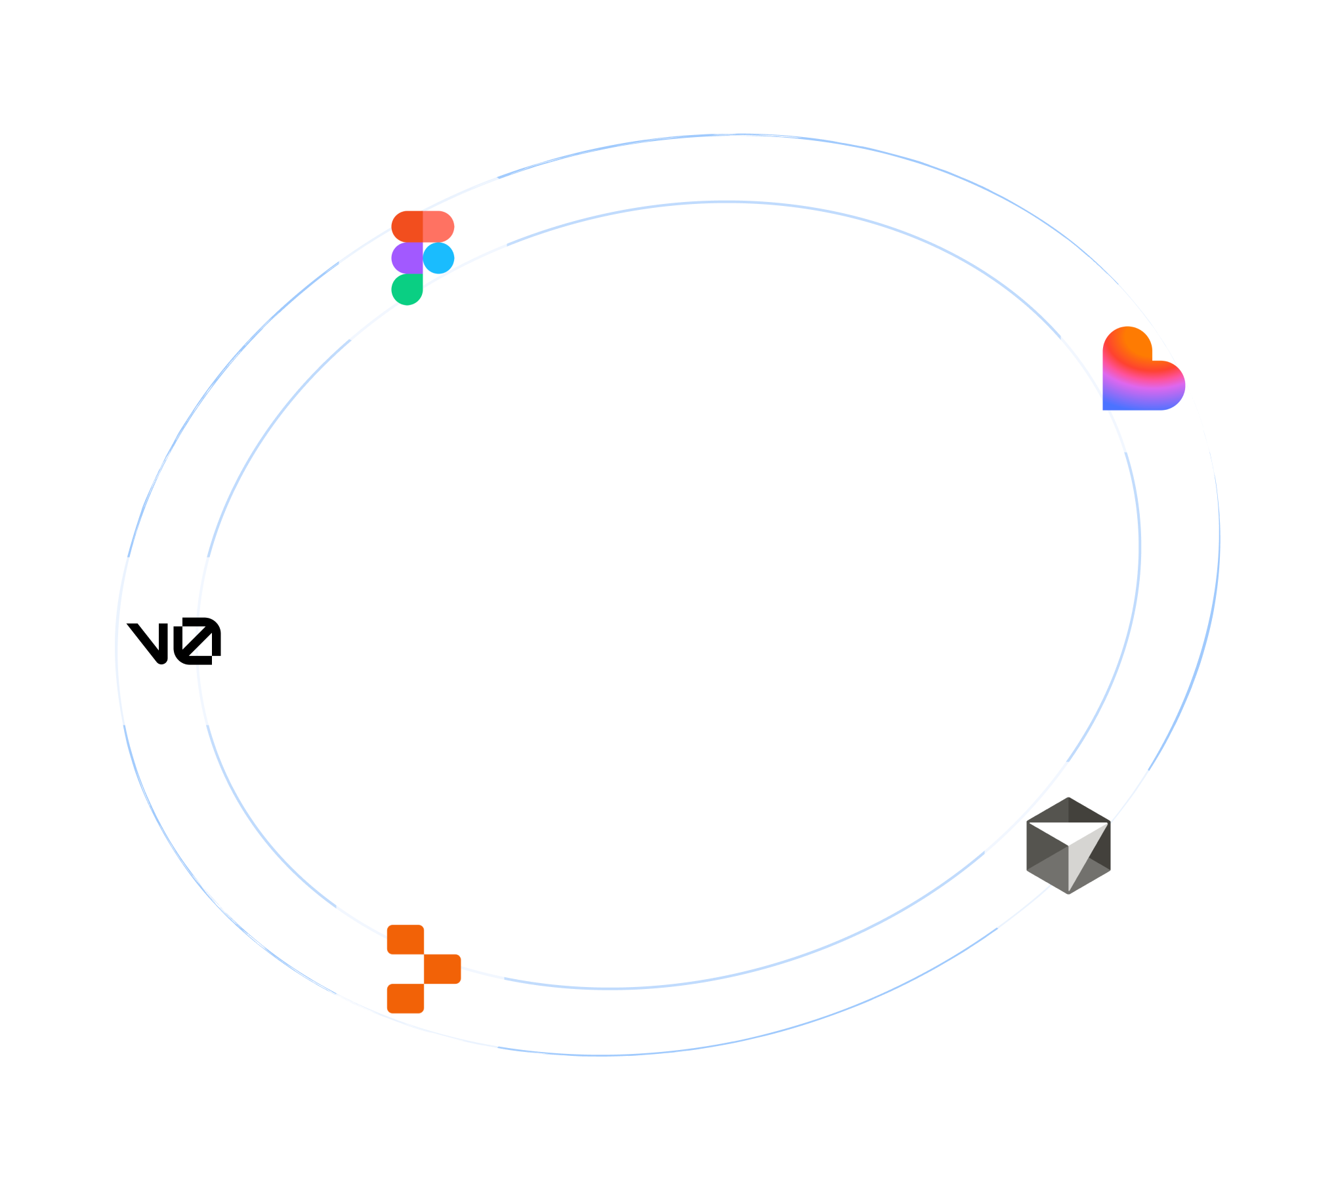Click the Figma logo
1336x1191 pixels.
(x=423, y=258)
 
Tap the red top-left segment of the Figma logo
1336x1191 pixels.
(x=407, y=226)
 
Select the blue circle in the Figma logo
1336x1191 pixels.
(x=438, y=258)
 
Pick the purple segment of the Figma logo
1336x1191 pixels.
(x=407, y=258)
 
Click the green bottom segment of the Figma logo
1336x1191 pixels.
(x=407, y=289)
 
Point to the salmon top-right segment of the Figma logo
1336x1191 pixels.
(x=438, y=226)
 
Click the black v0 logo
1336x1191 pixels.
(x=174, y=641)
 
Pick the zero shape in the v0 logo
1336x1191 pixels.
(x=198, y=641)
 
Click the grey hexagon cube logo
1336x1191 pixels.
(x=1068, y=845)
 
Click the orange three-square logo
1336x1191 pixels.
(x=423, y=969)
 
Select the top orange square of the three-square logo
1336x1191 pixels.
(x=406, y=939)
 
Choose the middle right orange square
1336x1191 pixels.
(x=442, y=969)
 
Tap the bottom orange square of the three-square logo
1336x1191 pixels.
(x=406, y=998)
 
